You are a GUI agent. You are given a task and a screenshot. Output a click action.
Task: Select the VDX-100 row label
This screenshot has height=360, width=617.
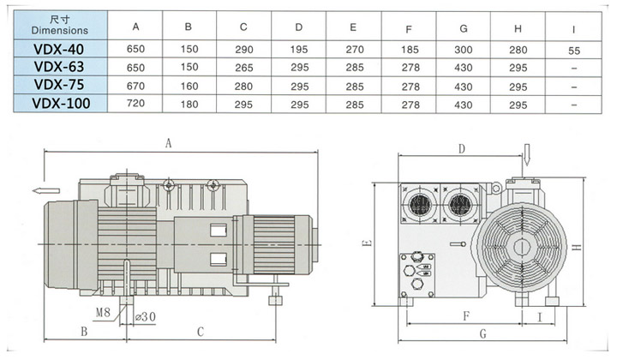point(60,105)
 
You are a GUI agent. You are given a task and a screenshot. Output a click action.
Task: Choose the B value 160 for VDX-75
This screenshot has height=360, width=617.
point(189,87)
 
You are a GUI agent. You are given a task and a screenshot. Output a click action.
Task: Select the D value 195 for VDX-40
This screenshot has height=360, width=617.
point(298,51)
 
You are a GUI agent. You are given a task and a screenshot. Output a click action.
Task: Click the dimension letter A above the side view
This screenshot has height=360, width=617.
point(169,145)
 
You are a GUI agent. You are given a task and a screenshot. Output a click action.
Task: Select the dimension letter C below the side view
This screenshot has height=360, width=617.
point(199,331)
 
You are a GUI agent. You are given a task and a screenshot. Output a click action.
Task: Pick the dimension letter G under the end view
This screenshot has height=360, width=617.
point(482,333)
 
